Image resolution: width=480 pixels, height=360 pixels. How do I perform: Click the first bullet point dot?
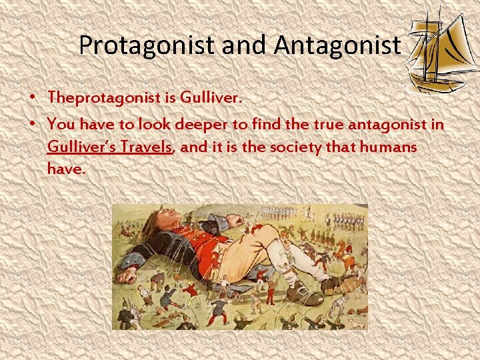[32, 97]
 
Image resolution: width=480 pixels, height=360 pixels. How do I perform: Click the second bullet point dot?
[32, 125]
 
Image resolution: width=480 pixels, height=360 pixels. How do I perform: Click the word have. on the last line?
[66, 169]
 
